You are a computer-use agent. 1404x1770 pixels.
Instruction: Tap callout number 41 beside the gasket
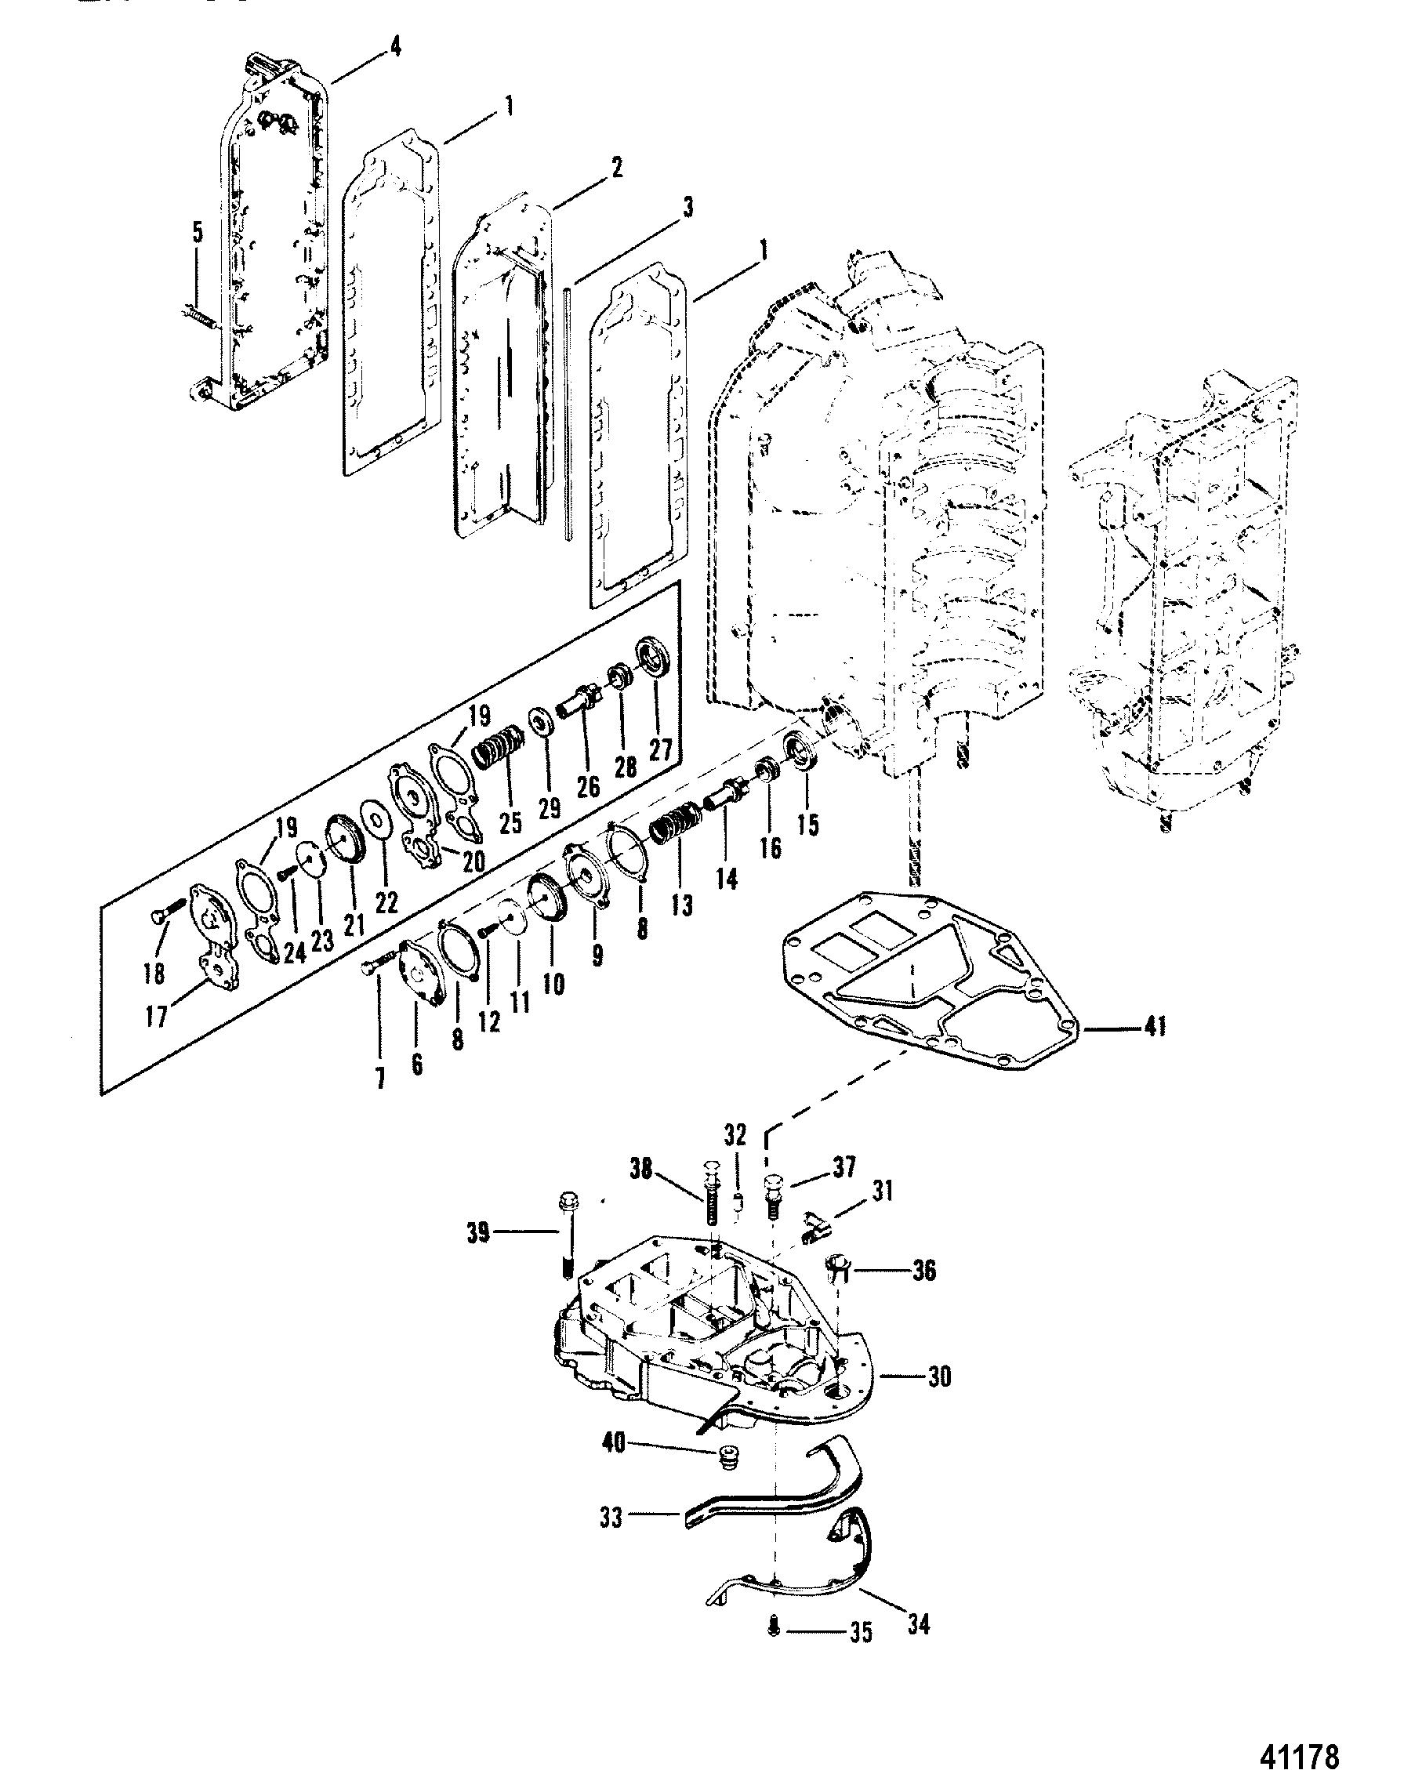click(x=1155, y=1026)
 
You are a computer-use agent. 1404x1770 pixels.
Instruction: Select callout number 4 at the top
click(x=396, y=47)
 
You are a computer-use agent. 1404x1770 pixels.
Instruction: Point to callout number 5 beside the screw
click(x=197, y=232)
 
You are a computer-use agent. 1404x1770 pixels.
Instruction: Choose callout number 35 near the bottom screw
click(x=861, y=1655)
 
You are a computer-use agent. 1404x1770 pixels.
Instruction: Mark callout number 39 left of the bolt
click(x=479, y=1232)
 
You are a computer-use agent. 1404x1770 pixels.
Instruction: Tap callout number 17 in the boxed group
click(x=155, y=1017)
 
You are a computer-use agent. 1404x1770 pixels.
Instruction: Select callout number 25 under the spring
click(x=510, y=822)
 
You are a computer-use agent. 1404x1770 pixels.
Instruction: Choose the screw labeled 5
click(x=197, y=316)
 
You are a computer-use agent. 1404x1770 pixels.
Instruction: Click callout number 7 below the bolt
click(x=380, y=1078)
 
